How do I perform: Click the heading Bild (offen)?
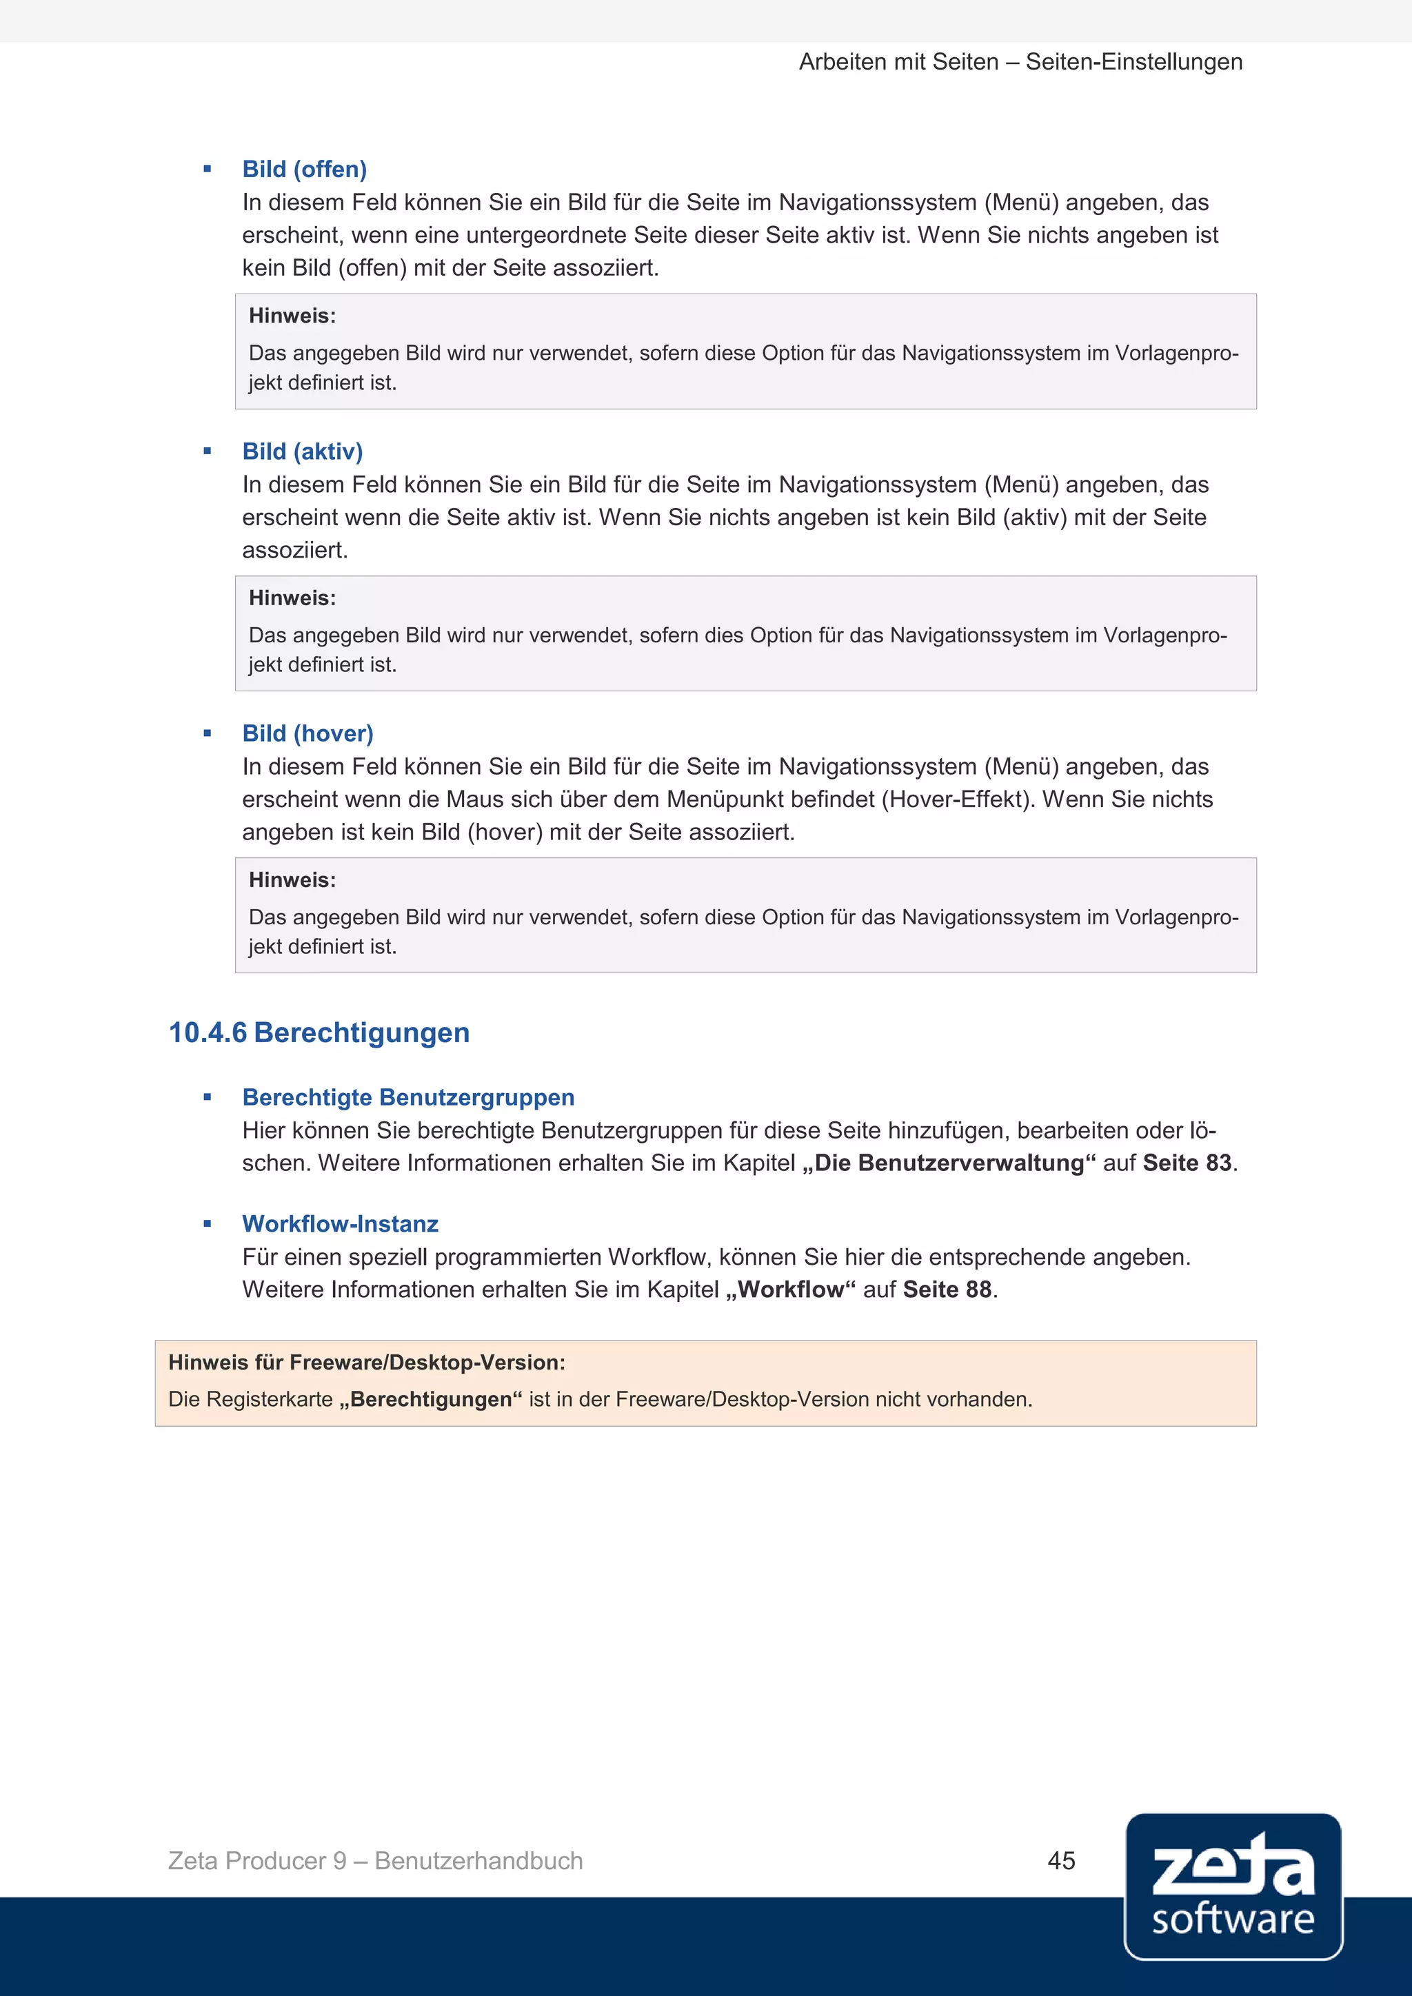pos(304,170)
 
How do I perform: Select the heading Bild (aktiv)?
pos(303,452)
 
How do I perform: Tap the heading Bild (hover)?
pos(307,734)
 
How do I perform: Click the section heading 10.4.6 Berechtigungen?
pos(319,1032)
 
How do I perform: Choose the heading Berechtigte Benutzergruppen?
pos(407,1098)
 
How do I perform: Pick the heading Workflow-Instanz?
pos(340,1224)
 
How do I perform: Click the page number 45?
pos(1061,1860)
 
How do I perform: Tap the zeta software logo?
pos(1232,1886)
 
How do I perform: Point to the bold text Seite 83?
pos(1187,1163)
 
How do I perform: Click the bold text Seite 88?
pos(947,1290)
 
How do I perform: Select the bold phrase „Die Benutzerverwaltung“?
pos(949,1163)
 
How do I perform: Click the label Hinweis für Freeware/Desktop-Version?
pos(367,1362)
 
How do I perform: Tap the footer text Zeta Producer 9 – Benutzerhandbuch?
pos(376,1861)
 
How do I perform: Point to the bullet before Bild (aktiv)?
pos(207,451)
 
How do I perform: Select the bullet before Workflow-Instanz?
pos(207,1224)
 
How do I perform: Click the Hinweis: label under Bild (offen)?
pos(292,316)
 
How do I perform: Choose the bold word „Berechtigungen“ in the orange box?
pos(431,1400)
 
